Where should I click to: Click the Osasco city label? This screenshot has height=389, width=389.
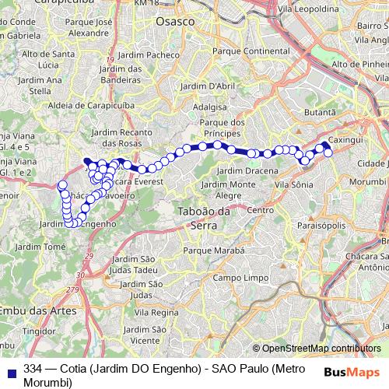coord(175,23)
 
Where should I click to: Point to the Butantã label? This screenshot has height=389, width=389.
coord(320,113)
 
